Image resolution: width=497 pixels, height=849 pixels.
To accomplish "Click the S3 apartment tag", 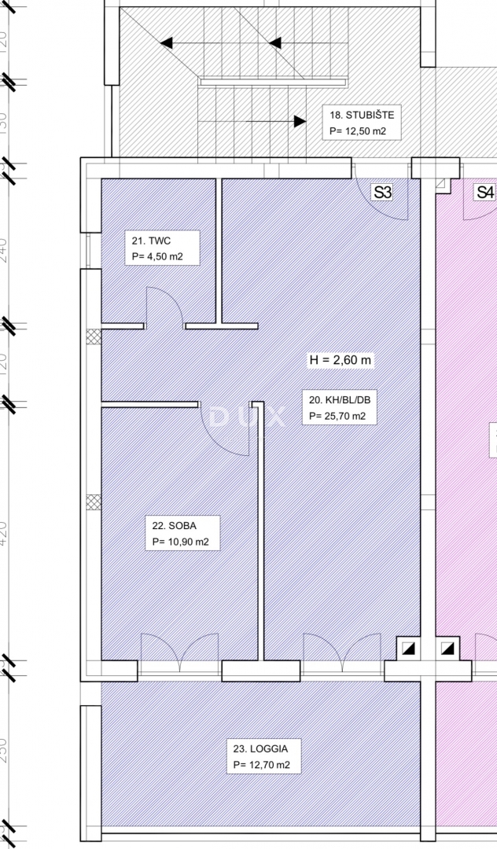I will click(x=382, y=192).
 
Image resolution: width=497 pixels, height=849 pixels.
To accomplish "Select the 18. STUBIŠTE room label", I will click(x=361, y=123).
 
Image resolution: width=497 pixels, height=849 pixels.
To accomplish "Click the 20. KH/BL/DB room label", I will click(x=337, y=408).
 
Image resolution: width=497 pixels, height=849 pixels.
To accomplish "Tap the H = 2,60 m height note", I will click(x=340, y=361).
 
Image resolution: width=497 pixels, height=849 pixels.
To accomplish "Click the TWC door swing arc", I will click(x=163, y=306).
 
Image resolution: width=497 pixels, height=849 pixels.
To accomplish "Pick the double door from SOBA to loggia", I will click(x=180, y=651).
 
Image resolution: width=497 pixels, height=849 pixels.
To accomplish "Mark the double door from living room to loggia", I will click(x=342, y=651).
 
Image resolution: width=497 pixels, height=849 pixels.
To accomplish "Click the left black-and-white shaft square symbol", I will click(x=407, y=649).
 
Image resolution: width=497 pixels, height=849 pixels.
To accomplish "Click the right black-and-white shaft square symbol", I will click(x=448, y=649).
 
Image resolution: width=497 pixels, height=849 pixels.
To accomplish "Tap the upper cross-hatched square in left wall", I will click(x=94, y=336).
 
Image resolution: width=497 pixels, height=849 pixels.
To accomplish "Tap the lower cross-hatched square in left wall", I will click(x=94, y=502).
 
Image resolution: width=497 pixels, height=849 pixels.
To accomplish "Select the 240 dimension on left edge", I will click(x=5, y=250).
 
